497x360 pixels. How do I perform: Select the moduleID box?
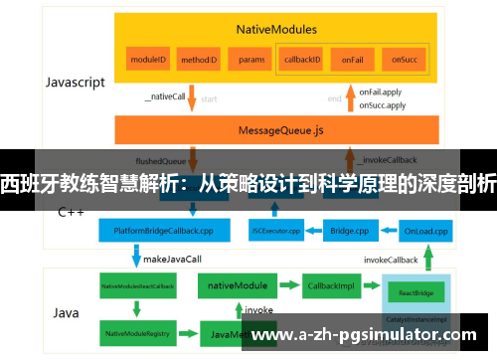149,60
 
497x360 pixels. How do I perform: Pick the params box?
251,60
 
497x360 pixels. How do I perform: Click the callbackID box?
301,60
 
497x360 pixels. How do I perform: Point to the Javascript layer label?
75,84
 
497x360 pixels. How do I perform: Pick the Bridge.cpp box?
349,231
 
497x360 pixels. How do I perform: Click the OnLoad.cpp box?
424,231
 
